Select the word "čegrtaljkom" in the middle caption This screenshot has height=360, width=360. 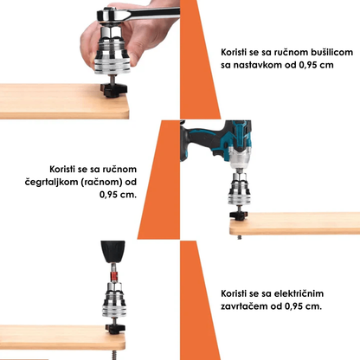point(48,183)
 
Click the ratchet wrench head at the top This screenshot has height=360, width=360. point(112,15)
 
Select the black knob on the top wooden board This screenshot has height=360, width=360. point(114,89)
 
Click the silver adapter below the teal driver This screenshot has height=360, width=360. point(239,189)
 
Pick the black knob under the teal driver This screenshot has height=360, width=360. point(239,215)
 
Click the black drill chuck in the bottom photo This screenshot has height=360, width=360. point(112,252)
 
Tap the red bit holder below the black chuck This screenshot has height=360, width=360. point(114,276)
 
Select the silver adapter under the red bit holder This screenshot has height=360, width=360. point(114,300)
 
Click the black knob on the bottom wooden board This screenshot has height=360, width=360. point(115,328)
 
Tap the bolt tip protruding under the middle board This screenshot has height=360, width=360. point(239,237)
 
